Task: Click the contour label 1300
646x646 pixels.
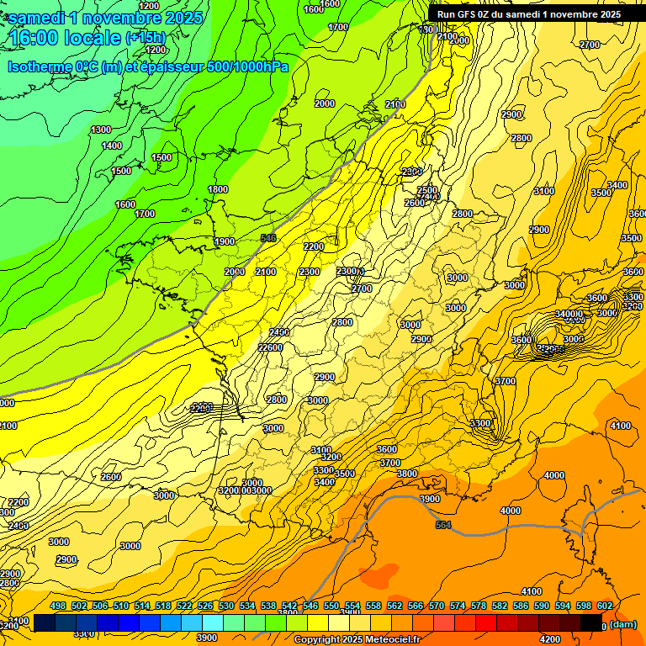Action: (101, 130)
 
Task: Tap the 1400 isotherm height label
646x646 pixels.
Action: (112, 146)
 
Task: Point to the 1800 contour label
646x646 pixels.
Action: (218, 189)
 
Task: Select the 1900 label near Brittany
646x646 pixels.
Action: (225, 241)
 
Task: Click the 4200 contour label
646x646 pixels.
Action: (550, 616)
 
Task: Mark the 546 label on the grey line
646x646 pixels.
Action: (268, 238)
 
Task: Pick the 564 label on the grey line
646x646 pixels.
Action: (443, 525)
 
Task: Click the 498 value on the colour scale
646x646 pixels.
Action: (58, 606)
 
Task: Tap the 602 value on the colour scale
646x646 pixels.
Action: (604, 606)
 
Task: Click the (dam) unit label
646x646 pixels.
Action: (622, 625)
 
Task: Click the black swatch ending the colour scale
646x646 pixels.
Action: (591, 622)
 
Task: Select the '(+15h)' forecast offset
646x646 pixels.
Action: (146, 37)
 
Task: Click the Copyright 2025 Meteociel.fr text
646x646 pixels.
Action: (358, 639)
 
